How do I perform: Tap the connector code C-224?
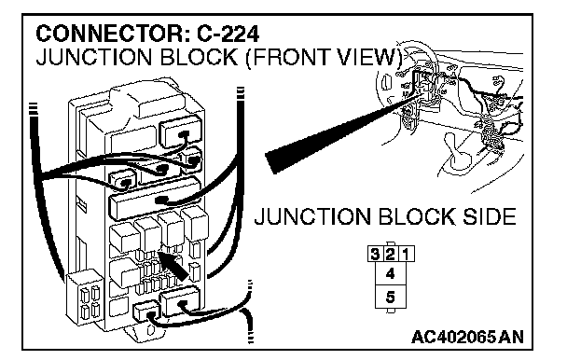pos(228,35)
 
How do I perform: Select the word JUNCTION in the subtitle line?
pos(94,57)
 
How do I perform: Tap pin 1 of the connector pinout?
pos(407,254)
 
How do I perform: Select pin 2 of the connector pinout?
pos(391,254)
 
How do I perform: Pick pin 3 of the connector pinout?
pos(375,254)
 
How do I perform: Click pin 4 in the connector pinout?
pos(391,273)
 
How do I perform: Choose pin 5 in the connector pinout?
pos(391,297)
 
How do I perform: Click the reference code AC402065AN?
pos(467,338)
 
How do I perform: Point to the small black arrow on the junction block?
pos(174,266)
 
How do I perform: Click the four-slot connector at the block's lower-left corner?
pos(86,298)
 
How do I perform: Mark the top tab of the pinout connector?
pos(391,244)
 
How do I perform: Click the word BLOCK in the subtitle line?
pos(199,57)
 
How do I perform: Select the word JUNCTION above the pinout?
pos(312,216)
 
